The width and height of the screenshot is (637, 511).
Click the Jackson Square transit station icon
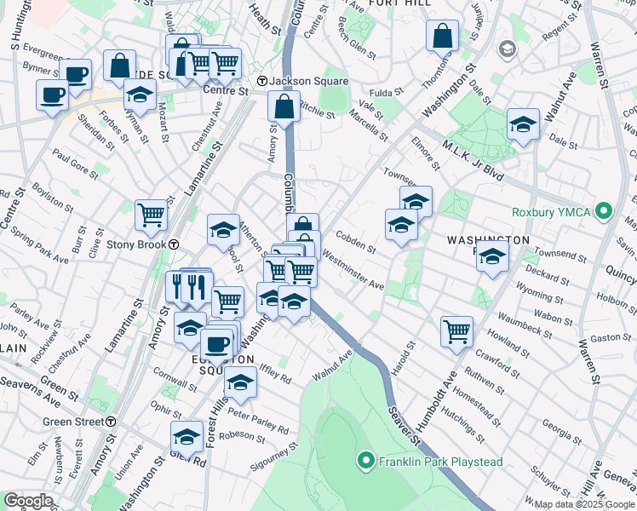263,81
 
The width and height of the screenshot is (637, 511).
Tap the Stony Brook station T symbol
174,244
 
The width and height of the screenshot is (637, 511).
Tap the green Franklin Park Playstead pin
365,462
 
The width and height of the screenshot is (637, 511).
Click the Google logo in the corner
27,501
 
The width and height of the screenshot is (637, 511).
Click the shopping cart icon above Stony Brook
151,214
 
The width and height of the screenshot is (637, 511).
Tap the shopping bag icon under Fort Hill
443,36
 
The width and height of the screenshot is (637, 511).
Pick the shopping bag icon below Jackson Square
284,107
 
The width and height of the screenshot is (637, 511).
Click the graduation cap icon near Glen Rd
187,436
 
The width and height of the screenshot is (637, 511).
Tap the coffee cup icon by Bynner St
76,74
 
